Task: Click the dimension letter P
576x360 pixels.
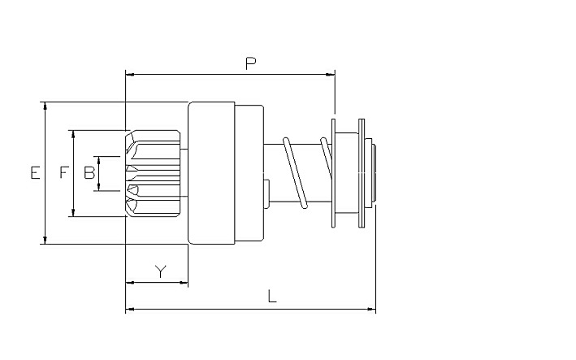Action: pyautogui.click(x=250, y=64)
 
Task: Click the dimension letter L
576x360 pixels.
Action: pyautogui.click(x=272, y=296)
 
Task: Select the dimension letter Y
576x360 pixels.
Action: pyautogui.click(x=161, y=271)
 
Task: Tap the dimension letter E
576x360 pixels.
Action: pyautogui.click(x=35, y=172)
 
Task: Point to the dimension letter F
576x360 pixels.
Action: pyautogui.click(x=64, y=172)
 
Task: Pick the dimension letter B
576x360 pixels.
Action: pyautogui.click(x=89, y=172)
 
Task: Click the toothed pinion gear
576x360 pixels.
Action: pyautogui.click(x=153, y=173)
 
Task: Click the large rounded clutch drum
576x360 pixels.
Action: pyautogui.click(x=211, y=173)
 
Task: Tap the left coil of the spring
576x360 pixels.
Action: pyautogui.click(x=295, y=172)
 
